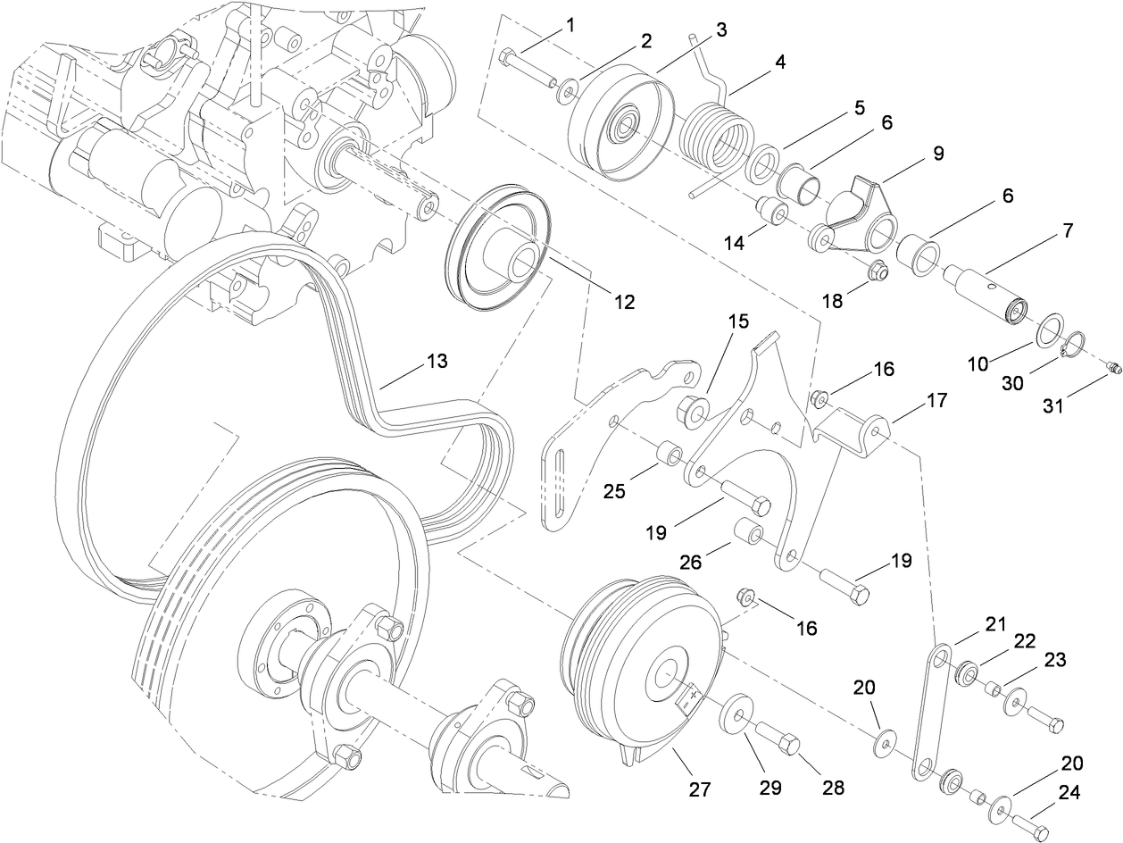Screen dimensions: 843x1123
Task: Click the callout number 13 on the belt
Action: [437, 362]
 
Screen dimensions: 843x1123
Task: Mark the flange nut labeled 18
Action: [877, 271]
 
